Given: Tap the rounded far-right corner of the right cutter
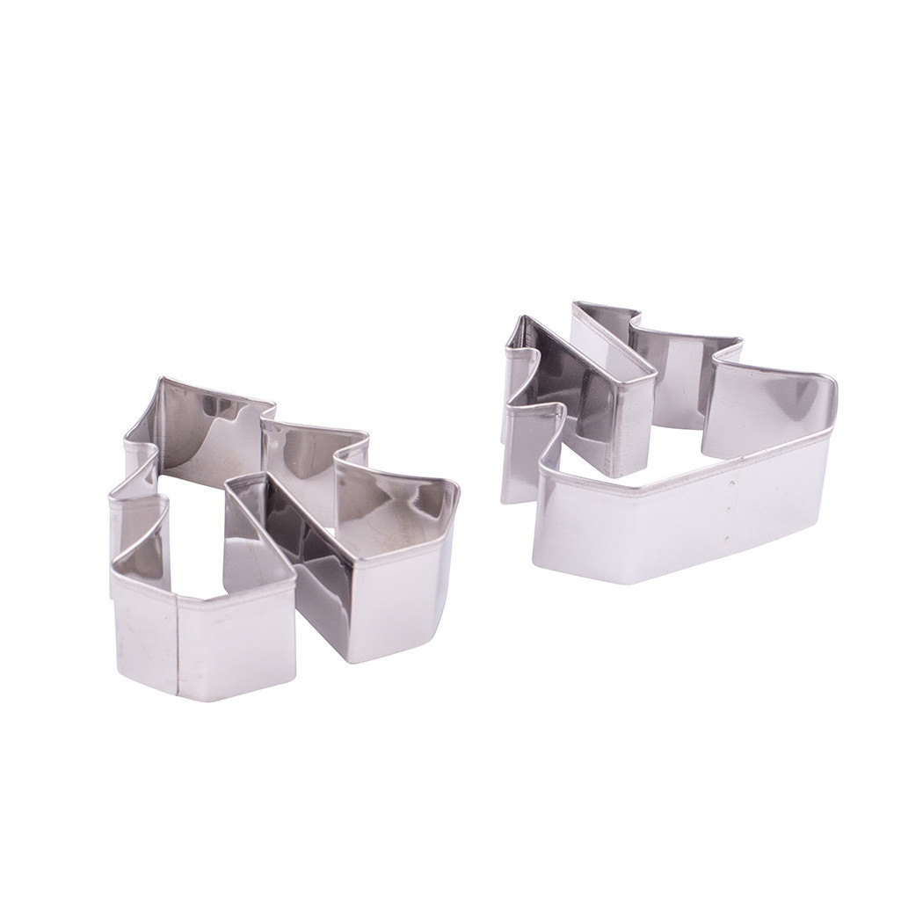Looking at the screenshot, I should click(x=830, y=387).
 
